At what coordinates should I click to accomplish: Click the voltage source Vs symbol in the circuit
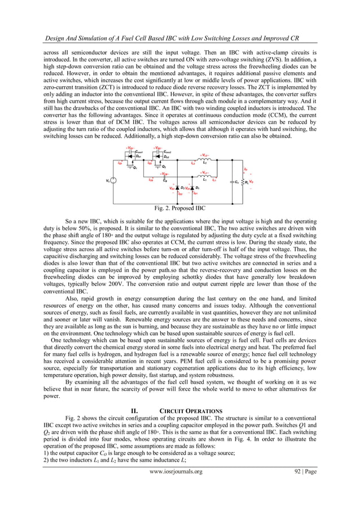[x=112, y=181]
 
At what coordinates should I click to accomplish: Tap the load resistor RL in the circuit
[x=243, y=182]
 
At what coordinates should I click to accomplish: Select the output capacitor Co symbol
[x=232, y=182]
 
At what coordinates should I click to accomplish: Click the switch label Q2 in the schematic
[x=164, y=167]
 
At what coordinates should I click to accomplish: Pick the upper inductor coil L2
[x=204, y=160]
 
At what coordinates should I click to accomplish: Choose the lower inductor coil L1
[x=204, y=175]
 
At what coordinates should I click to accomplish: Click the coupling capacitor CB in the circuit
[x=164, y=178]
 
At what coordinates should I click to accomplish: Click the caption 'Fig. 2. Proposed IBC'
[x=179, y=208]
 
